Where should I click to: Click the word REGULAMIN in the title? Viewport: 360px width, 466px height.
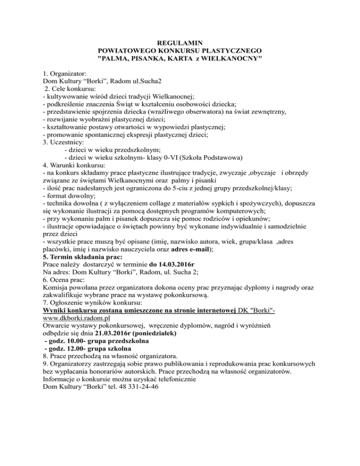pyautogui.click(x=180, y=42)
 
